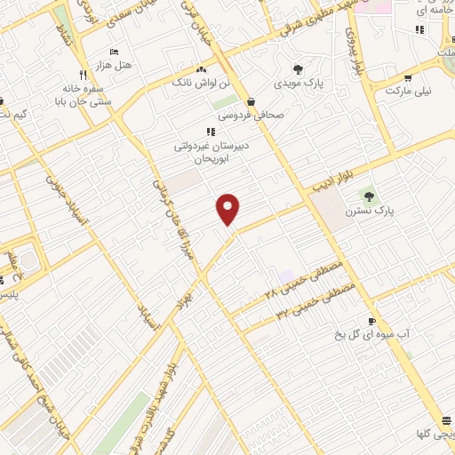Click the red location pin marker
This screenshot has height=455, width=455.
pos(228,209)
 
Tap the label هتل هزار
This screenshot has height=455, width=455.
pos(114,66)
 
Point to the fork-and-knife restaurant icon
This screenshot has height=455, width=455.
pos(83,76)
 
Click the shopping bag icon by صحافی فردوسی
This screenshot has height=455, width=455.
pos(252,100)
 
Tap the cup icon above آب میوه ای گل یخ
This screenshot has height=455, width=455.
pos(371,320)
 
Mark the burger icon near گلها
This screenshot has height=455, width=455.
pos(444,421)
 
